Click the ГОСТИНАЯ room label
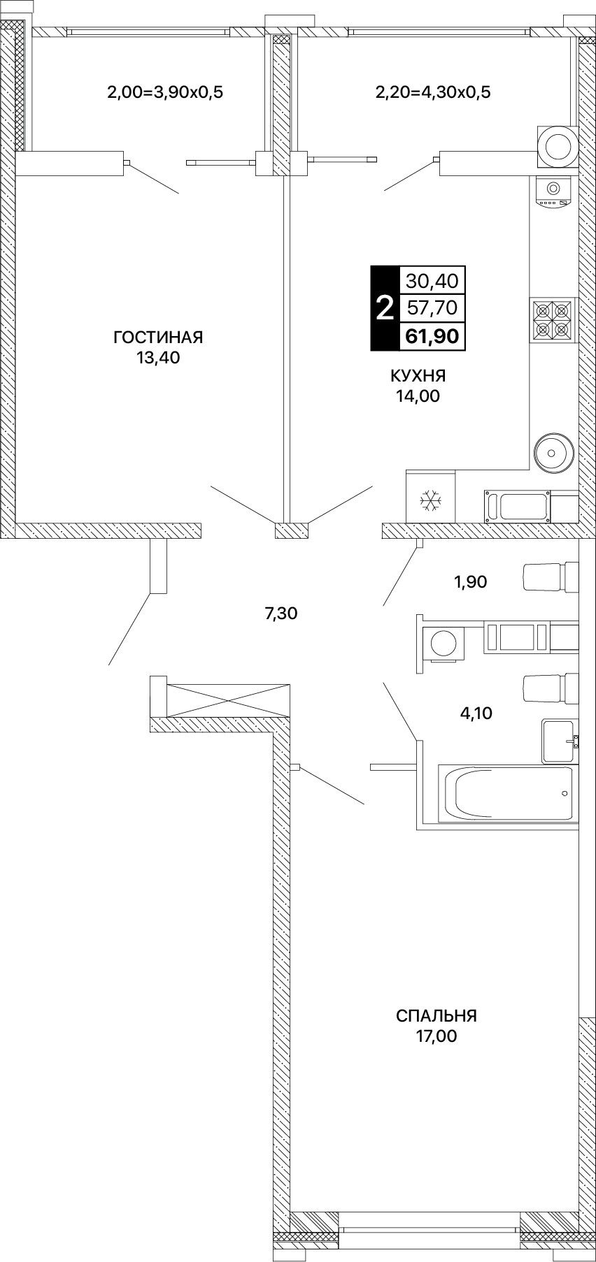coord(158,338)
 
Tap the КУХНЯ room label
coord(418,376)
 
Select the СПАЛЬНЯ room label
coord(436,1015)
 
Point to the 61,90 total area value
coord(430,337)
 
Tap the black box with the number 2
coord(384,308)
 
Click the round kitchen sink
coord(554,454)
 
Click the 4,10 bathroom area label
coord(475,713)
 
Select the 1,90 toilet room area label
coord(469,581)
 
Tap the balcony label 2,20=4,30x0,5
coord(433,92)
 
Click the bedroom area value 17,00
coord(436,1036)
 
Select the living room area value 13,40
coord(158,358)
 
